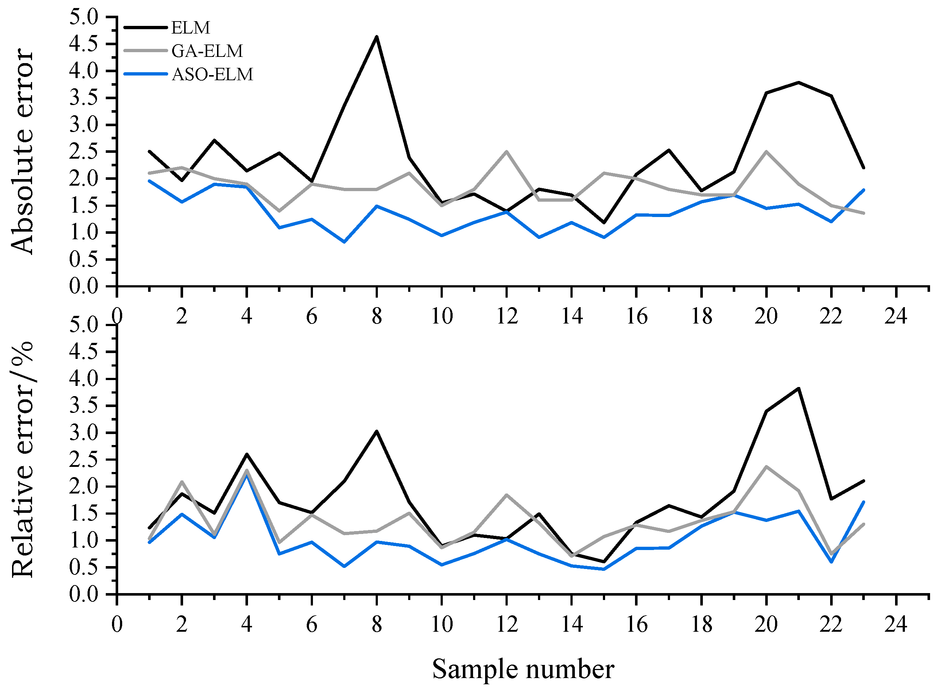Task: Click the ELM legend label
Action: [x=190, y=28]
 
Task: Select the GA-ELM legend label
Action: [x=207, y=51]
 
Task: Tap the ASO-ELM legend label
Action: [x=212, y=75]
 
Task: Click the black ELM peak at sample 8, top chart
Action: [x=376, y=37]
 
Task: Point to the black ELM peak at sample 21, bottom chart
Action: [x=798, y=388]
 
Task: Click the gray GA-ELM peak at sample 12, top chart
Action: [x=506, y=151]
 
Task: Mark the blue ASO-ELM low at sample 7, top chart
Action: [x=344, y=242]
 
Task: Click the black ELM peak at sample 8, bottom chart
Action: [x=376, y=431]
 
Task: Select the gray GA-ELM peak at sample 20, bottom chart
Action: [x=766, y=466]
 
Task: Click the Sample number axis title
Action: [x=523, y=669]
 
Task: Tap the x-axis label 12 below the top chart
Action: [x=507, y=316]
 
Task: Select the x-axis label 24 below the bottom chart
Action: [x=896, y=624]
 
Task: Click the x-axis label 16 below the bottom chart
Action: [x=636, y=624]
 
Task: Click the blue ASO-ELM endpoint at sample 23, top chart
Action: [x=863, y=190]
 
